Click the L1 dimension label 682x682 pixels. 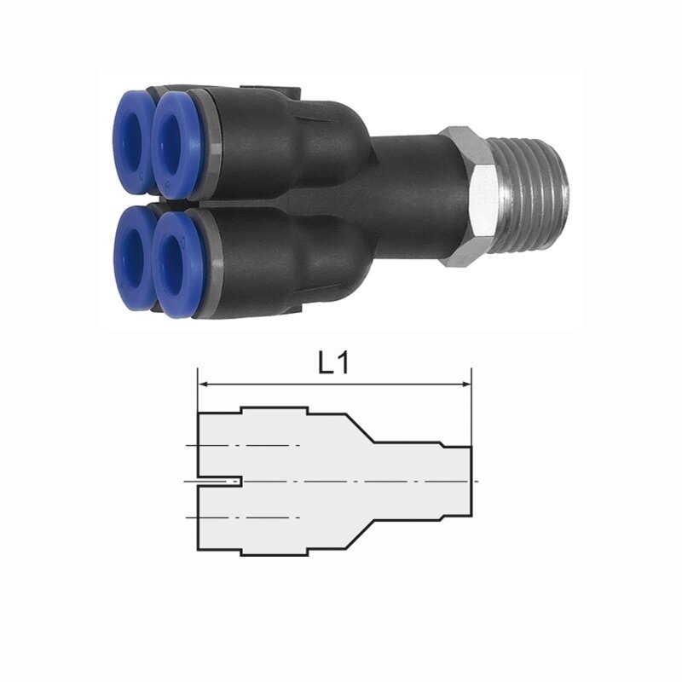[333, 364]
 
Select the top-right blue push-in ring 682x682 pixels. [176, 145]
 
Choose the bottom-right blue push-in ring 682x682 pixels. [177, 264]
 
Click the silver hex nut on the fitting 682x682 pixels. [468, 197]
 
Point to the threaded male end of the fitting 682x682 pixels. [534, 197]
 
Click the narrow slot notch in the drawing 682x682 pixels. [220, 482]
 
